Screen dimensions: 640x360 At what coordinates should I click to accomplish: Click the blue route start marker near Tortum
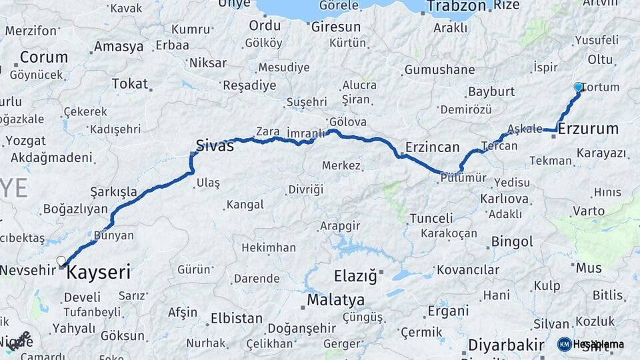tap(578, 87)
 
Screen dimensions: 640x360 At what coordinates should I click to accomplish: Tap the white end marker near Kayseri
tap(61, 261)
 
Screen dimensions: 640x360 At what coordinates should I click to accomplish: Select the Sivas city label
tap(215, 145)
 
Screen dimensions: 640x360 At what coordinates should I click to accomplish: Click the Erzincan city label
tap(432, 147)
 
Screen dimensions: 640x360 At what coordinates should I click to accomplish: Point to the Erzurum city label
tap(588, 129)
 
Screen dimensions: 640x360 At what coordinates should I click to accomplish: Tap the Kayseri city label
tap(99, 273)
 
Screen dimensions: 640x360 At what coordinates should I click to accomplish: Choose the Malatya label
tap(335, 300)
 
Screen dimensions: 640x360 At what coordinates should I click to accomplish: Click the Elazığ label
tap(355, 274)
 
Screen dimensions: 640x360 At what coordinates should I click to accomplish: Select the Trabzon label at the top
tap(457, 7)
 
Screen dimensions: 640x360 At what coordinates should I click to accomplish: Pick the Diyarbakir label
tap(506, 345)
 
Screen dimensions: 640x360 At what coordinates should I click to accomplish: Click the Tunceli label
tap(431, 218)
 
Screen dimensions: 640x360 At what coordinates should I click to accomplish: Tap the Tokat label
tap(129, 83)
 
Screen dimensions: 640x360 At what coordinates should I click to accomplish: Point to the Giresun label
tap(336, 27)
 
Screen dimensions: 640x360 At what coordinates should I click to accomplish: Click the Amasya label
tap(119, 47)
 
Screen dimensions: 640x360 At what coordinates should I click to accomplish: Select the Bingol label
tap(512, 241)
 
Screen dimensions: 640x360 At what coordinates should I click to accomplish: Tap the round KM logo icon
tap(564, 344)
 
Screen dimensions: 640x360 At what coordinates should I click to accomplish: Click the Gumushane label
tap(440, 70)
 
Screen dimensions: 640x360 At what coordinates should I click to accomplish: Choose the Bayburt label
tap(491, 91)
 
